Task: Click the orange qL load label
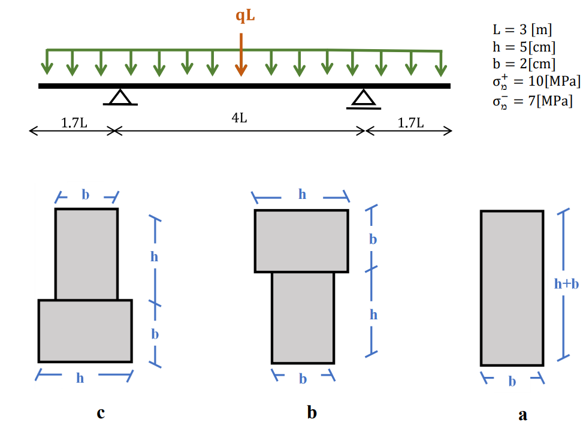click(244, 16)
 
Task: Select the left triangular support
click(120, 98)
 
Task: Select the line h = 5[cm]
click(523, 47)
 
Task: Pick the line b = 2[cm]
click(523, 64)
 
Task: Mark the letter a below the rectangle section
click(522, 414)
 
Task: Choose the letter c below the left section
click(101, 412)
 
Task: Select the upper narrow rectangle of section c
click(86, 253)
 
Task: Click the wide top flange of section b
click(301, 241)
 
